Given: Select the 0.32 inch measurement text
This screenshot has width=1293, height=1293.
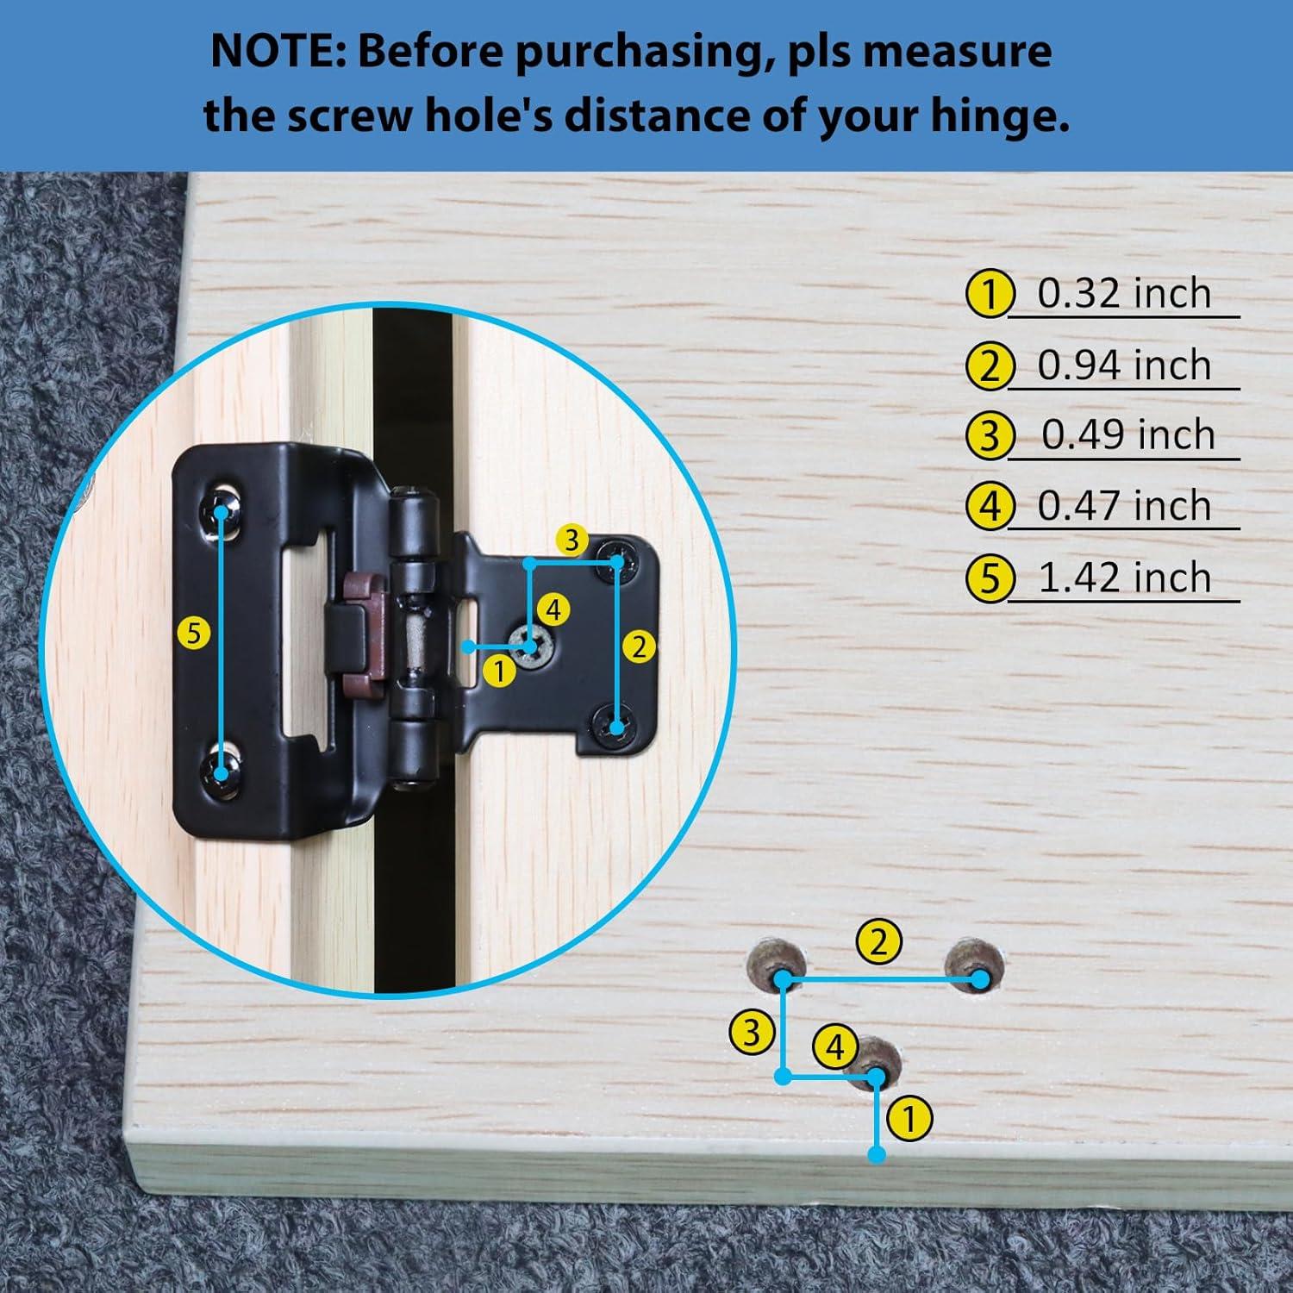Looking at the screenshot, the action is pos(1124,293).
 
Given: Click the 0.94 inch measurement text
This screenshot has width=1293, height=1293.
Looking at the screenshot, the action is pos(1124,365).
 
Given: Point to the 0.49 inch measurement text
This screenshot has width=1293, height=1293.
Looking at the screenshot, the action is pos(1127,434).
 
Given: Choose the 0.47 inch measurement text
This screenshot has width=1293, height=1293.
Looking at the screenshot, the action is pos(1124,506).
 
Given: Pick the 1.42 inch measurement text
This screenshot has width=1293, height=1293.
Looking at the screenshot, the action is pos(1124,578).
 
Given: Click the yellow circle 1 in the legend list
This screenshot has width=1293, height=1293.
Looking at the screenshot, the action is pos(989,294).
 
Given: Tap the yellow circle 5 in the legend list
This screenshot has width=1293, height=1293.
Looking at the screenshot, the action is pos(989,578).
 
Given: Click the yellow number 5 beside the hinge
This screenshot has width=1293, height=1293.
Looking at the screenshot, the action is pos(194,634).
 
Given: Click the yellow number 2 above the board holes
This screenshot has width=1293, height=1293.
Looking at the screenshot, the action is pos(878,941).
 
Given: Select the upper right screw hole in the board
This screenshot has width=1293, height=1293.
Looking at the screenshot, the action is pos(975,968).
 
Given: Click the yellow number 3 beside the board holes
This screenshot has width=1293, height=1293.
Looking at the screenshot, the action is pos(751,1032).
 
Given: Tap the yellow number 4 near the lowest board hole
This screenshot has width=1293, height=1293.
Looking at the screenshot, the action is pos(834,1047).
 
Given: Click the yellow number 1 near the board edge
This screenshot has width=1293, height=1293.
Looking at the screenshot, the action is pos(909,1120).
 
